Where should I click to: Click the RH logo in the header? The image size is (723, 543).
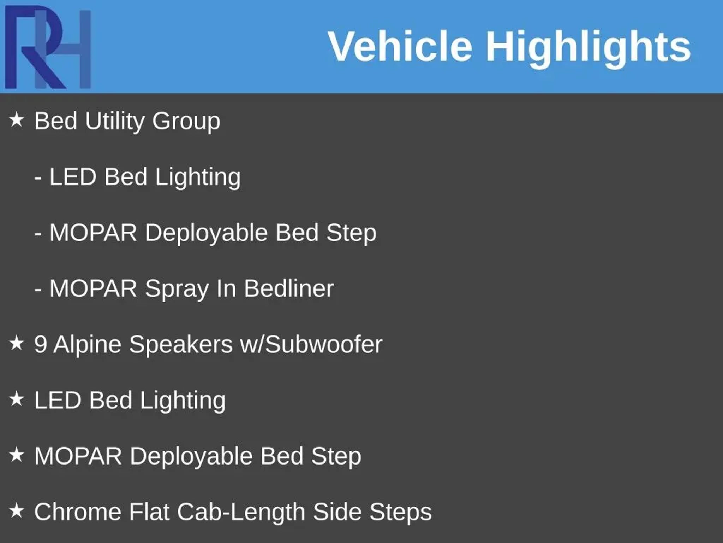coord(48,47)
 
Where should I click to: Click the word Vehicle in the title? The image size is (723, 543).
coord(400,46)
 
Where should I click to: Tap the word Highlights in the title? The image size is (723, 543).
coord(588,48)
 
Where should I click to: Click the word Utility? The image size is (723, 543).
coord(115,122)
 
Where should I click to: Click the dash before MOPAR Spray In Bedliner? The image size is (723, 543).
coord(38,290)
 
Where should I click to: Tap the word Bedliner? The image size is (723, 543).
coord(289,288)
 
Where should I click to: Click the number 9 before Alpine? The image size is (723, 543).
coord(41,344)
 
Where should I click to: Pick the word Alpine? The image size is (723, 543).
coord(88,345)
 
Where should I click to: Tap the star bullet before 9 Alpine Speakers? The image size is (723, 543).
coord(16,343)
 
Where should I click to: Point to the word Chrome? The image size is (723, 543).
coord(78,512)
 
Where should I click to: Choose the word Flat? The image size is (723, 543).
coord(149,512)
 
